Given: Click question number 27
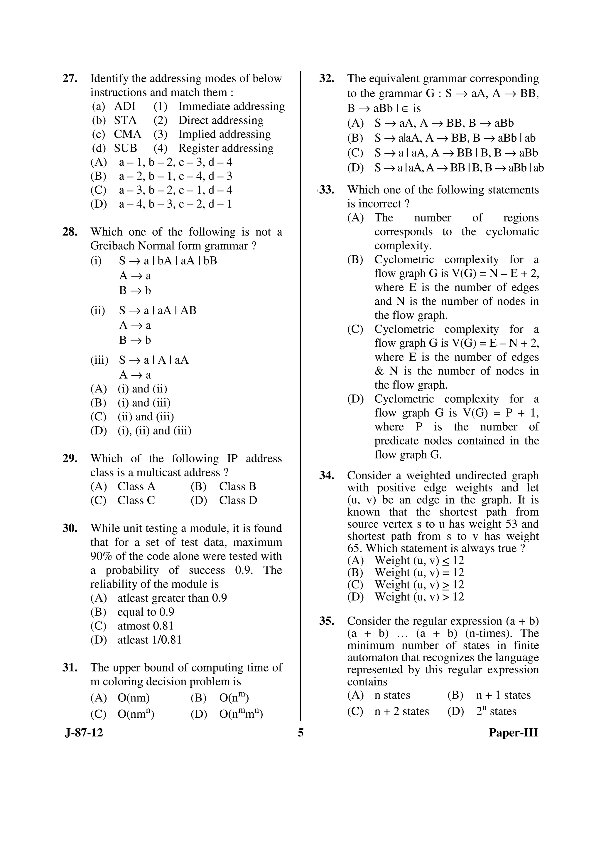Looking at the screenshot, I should [70, 78].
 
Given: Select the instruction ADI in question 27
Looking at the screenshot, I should [125, 106].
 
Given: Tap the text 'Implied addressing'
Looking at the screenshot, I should [224, 134].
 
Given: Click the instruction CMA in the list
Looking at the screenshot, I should [127, 134].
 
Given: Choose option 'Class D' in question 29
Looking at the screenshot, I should [238, 500].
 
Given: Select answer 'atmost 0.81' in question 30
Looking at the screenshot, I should [146, 626].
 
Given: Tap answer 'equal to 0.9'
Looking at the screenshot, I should [146, 612].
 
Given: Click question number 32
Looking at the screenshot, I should [327, 78].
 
